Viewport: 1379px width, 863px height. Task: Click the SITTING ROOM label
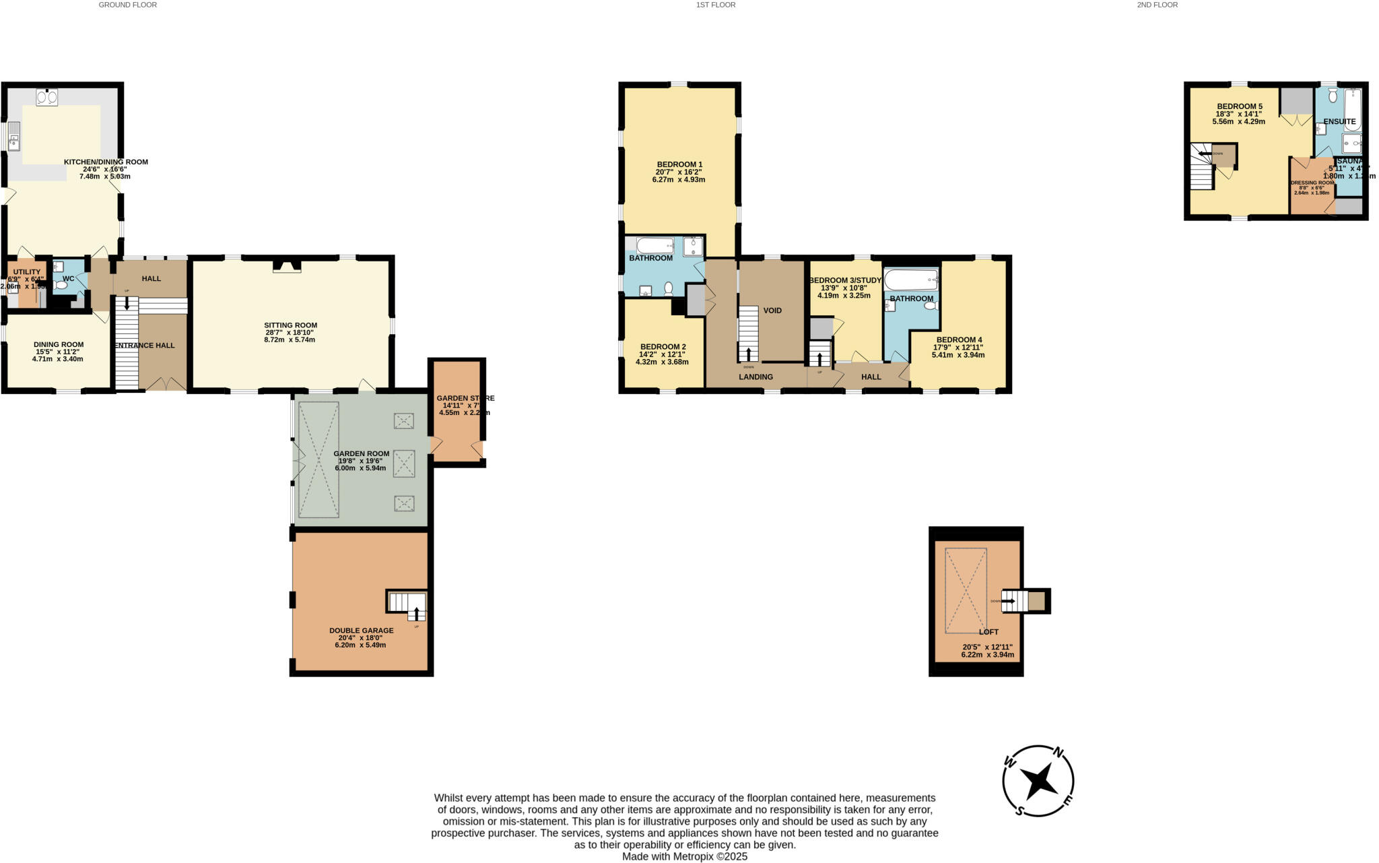(290, 325)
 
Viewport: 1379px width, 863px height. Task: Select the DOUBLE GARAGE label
(361, 631)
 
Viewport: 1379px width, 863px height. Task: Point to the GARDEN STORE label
(465, 398)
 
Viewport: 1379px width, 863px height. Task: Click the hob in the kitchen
(46, 98)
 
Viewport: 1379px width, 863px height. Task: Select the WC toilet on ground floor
(63, 286)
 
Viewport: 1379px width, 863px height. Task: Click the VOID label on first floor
(772, 311)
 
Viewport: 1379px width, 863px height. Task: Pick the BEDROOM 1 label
(679, 164)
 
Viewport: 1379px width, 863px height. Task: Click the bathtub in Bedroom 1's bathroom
(655, 245)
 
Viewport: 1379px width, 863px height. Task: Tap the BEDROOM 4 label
(959, 340)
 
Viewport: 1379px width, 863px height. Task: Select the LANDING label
(755, 377)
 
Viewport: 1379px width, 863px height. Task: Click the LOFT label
(988, 632)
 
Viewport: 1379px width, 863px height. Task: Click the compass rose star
(1039, 781)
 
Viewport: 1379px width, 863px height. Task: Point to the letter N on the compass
(1058, 753)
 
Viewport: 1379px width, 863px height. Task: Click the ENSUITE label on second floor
(1339, 122)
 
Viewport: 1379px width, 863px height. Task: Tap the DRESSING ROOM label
(1312, 183)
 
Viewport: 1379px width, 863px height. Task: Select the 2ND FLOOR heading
(1157, 5)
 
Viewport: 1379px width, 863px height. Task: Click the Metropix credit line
(684, 857)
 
